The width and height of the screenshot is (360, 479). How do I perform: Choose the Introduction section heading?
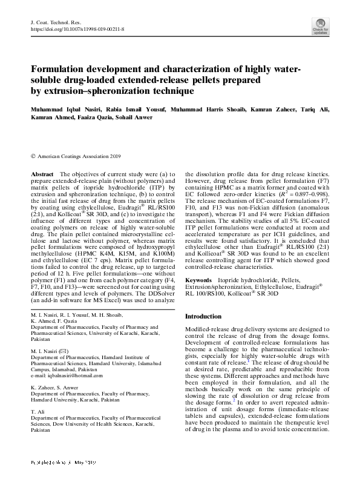pos(203,316)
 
